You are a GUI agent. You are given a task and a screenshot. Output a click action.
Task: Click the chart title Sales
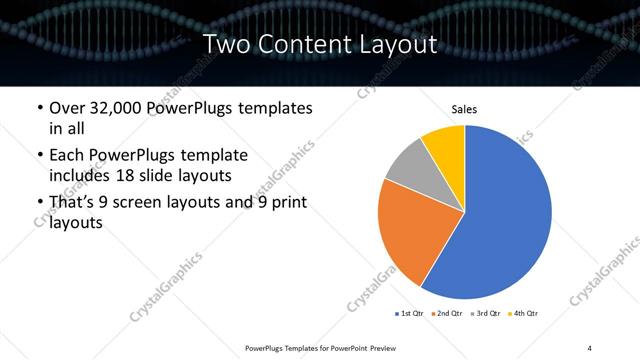coord(464,109)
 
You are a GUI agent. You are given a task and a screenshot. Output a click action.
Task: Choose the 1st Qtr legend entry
coord(410,313)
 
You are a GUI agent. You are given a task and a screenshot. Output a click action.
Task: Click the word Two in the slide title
coord(225,44)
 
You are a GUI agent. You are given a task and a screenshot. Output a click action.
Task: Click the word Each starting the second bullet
coord(68,156)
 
